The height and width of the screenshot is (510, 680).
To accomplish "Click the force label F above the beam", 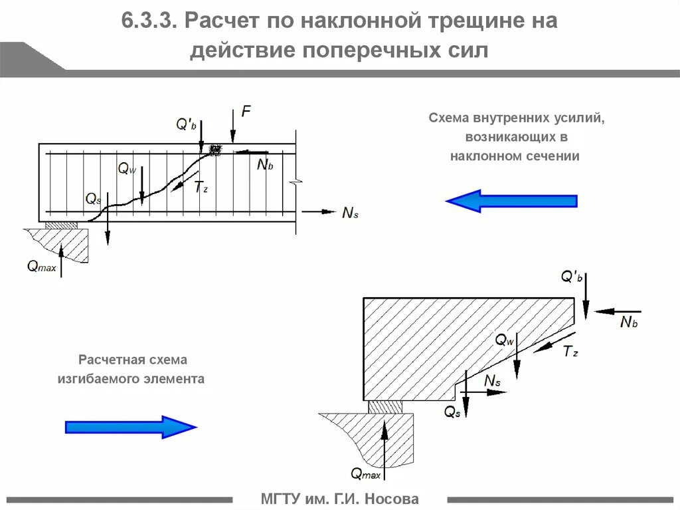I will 246,112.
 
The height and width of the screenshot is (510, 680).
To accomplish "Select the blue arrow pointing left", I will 511,201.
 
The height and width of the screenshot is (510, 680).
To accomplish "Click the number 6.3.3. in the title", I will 148,21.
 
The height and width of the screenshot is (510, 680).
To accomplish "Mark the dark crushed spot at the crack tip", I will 214,150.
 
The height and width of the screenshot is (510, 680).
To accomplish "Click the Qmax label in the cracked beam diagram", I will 41,267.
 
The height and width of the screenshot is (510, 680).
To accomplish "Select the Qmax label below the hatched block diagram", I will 365,473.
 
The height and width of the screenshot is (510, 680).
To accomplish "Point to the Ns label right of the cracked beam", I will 351,213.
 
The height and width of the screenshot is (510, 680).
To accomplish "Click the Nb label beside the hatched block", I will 628,322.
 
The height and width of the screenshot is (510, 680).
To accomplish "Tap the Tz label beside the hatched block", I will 570,352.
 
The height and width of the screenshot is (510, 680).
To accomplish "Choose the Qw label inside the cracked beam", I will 127,169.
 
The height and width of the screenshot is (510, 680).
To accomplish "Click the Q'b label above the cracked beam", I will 185,124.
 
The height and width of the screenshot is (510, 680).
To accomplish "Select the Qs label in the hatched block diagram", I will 452,412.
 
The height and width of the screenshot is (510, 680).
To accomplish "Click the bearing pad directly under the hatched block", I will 385,406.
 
